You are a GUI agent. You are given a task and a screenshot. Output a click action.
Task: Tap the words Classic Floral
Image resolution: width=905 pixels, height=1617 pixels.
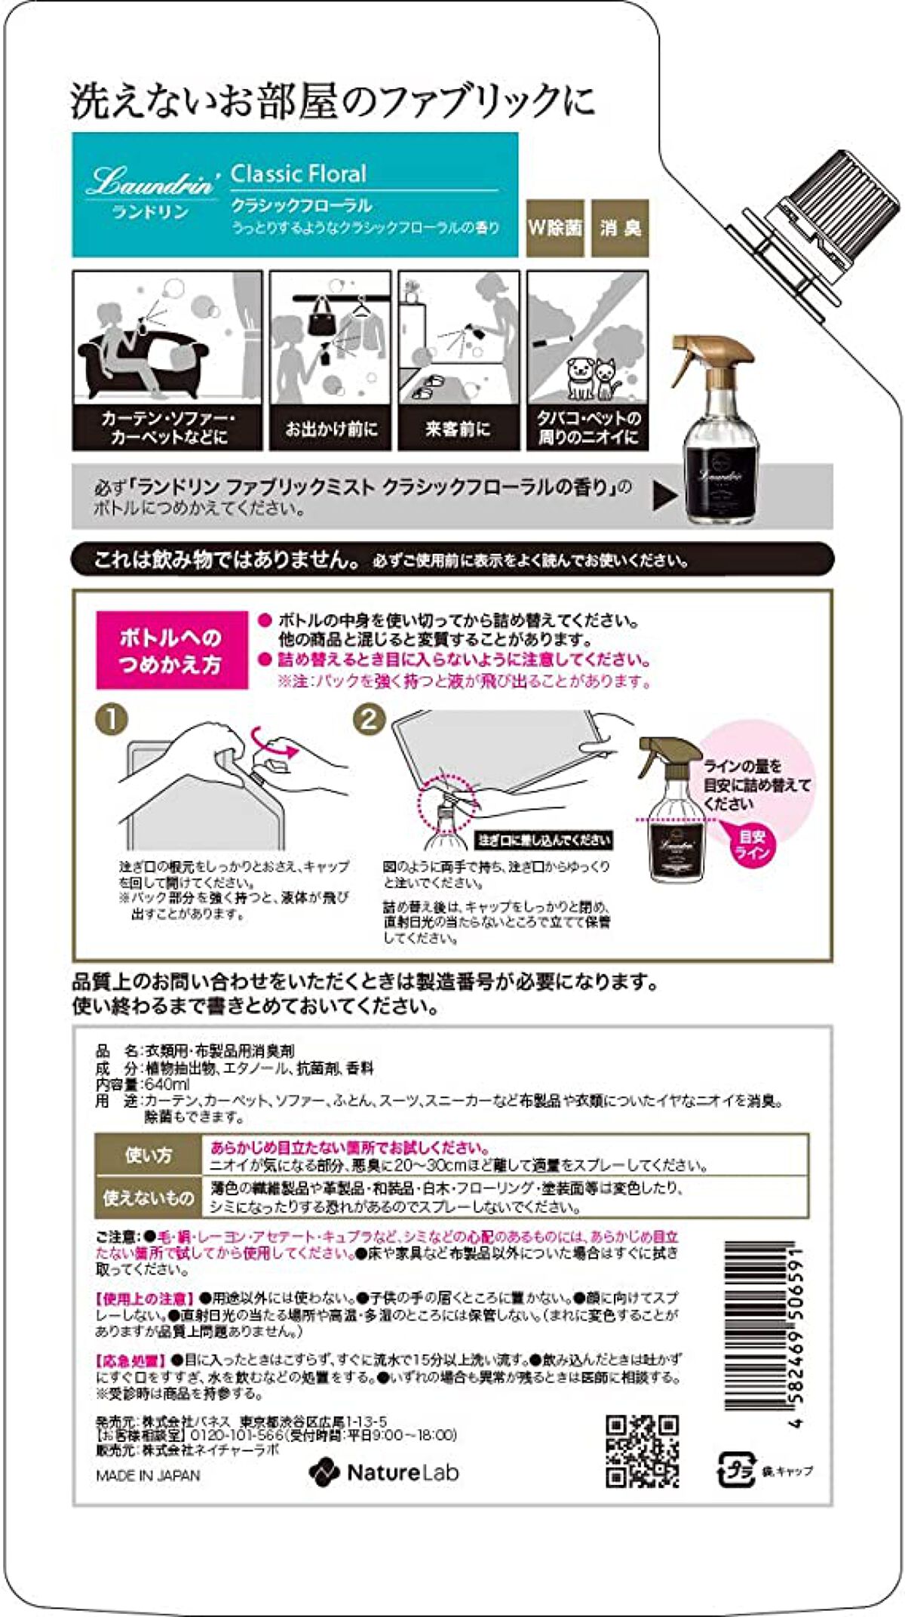point(298,174)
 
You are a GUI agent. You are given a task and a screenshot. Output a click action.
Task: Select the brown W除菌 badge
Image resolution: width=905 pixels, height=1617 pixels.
point(555,228)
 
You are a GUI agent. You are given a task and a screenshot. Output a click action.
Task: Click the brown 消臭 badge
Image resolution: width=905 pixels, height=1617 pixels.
point(620,228)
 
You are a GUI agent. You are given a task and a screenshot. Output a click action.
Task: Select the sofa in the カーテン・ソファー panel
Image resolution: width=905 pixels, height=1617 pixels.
point(143,362)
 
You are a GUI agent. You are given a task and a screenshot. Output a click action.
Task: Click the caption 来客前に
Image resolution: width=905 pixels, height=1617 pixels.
point(458,429)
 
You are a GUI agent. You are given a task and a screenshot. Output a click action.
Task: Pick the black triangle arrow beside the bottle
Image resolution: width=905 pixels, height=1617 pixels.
point(664,496)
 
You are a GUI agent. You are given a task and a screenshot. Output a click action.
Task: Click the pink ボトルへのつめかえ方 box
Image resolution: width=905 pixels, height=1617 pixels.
point(171,650)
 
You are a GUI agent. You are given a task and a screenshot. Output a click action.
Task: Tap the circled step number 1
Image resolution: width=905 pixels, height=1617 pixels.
point(112,719)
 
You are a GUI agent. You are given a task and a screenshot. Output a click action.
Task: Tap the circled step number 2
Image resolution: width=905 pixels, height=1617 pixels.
point(369,719)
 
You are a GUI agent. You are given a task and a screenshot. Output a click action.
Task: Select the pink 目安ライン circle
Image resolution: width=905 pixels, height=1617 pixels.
point(752,844)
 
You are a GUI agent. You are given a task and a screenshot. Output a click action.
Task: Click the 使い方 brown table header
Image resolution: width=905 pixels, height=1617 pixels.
point(149,1155)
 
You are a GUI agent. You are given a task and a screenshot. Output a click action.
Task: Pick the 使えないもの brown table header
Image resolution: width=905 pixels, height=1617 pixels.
point(149,1197)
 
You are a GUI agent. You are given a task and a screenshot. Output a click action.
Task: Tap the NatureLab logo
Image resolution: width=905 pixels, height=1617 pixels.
point(384,1472)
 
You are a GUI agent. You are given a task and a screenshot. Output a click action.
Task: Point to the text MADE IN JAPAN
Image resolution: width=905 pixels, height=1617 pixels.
point(148,1475)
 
